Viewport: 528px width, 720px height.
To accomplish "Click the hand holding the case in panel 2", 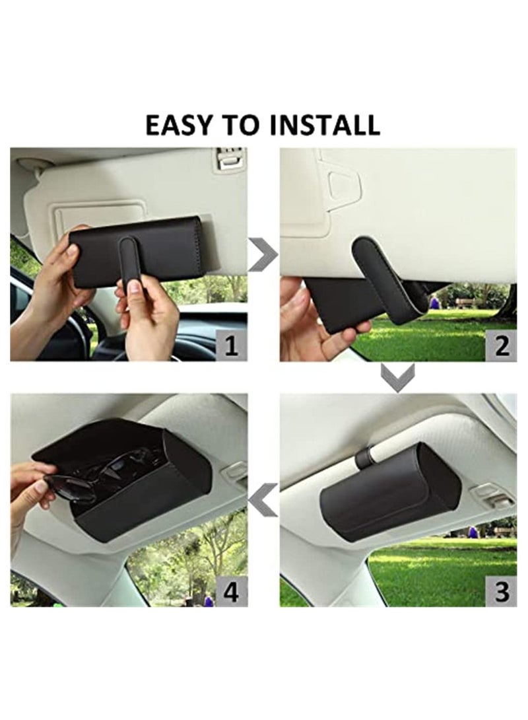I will pyautogui.click(x=310, y=324).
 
